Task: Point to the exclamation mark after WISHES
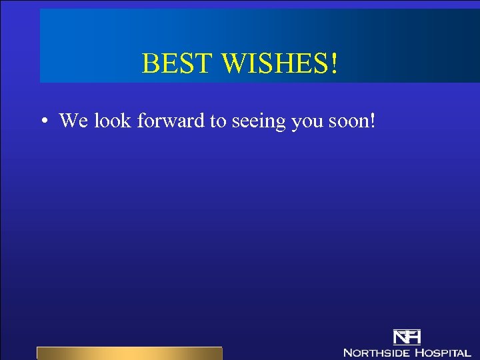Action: click(333, 64)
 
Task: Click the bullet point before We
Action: click(43, 121)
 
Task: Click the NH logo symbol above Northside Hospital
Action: click(407, 337)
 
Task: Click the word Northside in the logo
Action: click(376, 352)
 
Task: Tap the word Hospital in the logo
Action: click(442, 352)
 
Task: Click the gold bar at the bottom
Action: click(129, 353)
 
